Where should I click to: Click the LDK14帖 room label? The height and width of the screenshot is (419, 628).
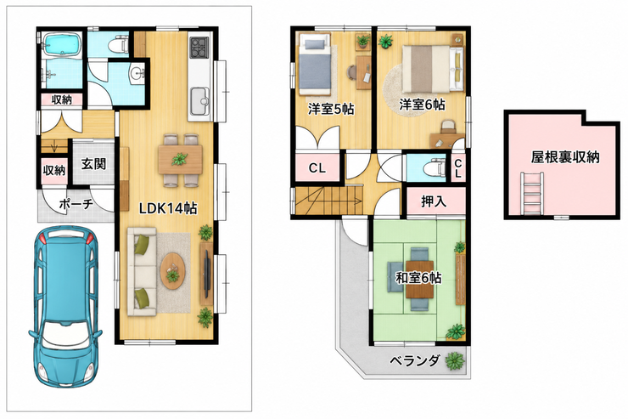(168, 208)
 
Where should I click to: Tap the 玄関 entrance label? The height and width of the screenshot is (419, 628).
(93, 163)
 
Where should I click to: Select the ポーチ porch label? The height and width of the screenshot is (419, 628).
(76, 204)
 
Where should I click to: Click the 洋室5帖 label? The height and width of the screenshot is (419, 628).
(331, 109)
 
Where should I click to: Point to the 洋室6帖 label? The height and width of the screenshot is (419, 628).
(422, 105)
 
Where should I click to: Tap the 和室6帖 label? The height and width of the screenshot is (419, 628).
(418, 277)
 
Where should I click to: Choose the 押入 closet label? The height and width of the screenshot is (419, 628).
(434, 201)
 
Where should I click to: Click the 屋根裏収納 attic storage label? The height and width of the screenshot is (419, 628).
(565, 156)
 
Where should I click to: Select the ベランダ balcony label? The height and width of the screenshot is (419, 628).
(415, 360)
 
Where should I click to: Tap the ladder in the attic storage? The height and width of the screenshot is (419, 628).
(532, 193)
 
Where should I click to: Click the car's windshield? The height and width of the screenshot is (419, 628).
(65, 334)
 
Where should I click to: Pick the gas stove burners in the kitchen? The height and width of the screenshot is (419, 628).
(199, 47)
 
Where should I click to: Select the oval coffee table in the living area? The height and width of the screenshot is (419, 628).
(173, 270)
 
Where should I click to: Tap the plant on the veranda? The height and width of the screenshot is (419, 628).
(454, 360)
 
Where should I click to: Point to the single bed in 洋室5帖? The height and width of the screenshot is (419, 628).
(315, 64)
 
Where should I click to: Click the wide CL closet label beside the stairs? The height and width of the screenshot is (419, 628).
(317, 168)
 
